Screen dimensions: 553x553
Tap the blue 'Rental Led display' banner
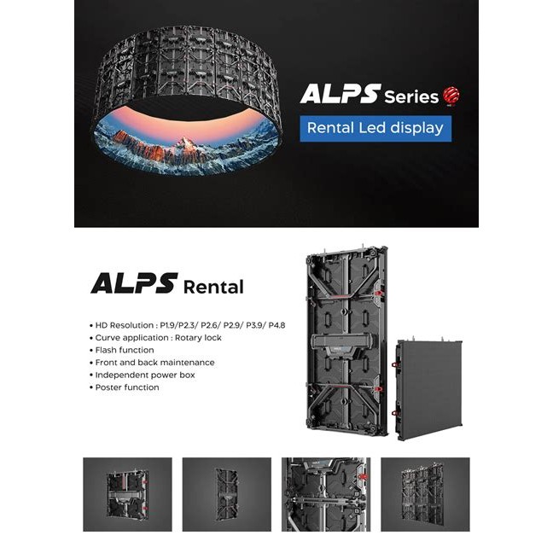tap(375, 128)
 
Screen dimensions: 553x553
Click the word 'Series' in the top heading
tap(411, 97)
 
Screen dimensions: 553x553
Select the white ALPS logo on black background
tap(341, 94)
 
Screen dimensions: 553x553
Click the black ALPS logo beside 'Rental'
tap(134, 282)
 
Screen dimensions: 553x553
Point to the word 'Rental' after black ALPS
tap(213, 287)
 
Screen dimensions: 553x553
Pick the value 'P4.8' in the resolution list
tap(276, 325)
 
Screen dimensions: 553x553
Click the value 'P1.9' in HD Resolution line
tap(168, 325)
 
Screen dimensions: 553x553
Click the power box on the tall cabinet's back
tap(343, 344)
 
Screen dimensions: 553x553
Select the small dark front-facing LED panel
tap(429, 389)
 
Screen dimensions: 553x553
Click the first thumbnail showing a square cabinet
tap(127, 494)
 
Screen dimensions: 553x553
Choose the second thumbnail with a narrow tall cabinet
tap(227, 494)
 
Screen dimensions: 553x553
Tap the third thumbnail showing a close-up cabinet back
tap(326, 494)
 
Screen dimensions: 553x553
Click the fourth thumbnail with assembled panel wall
tap(425, 494)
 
